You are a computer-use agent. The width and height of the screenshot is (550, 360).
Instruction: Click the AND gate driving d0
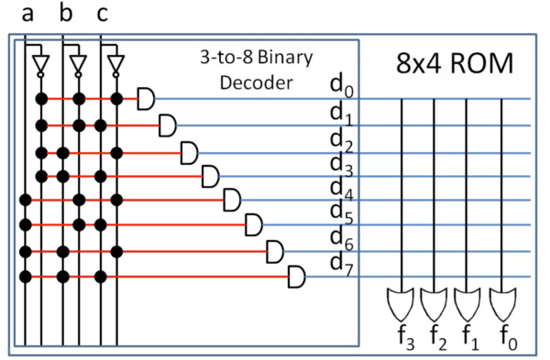[x=147, y=97]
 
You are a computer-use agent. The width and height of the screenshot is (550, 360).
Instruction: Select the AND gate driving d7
[x=297, y=276]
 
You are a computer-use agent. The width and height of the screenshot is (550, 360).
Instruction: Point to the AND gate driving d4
[x=233, y=199]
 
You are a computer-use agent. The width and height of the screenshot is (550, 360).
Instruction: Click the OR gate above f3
[x=401, y=300]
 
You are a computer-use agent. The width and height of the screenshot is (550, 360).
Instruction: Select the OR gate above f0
[x=501, y=300]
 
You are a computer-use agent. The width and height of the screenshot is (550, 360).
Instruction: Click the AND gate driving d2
[x=190, y=148]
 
